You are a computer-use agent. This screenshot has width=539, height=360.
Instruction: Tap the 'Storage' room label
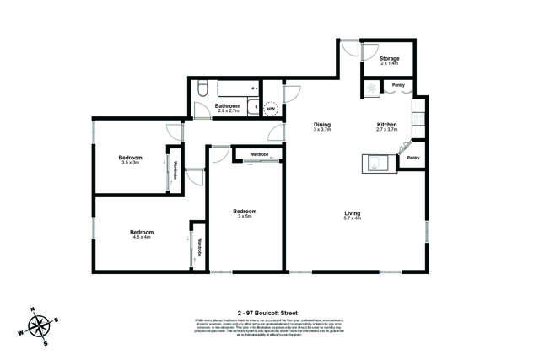[x=389, y=58]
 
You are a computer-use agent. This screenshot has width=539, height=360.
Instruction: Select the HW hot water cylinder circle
[x=271, y=109]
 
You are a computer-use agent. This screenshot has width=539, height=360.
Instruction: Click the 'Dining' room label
[x=321, y=125]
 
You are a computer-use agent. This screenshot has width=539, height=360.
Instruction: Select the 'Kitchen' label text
[x=386, y=125]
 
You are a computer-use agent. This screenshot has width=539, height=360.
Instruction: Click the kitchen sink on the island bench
[x=375, y=164]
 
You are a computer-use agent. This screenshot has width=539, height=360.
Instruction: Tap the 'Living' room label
[x=353, y=212]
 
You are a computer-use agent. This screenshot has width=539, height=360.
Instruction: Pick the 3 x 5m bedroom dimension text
[x=244, y=217]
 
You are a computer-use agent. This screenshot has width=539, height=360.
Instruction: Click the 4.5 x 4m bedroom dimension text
[x=141, y=237]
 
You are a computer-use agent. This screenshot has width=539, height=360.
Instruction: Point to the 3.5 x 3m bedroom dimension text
[x=129, y=163]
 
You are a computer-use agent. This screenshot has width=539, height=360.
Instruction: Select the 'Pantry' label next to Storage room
[x=398, y=85]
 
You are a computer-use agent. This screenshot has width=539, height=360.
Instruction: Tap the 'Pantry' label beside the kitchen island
[x=413, y=158]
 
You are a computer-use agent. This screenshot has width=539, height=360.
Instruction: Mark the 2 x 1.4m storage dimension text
[x=389, y=64]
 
